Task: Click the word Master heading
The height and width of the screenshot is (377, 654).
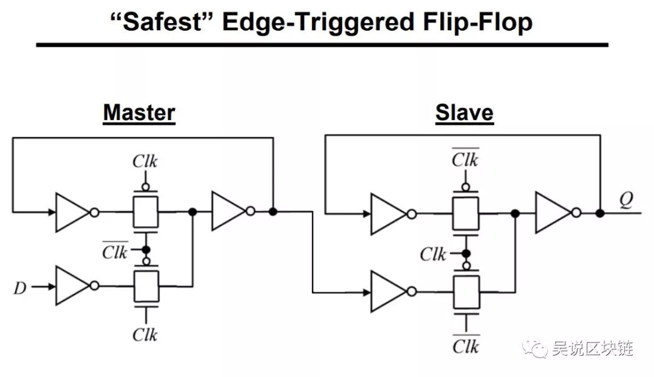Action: (139, 113)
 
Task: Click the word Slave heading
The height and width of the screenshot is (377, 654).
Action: (464, 113)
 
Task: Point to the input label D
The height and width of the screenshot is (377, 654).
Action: (20, 287)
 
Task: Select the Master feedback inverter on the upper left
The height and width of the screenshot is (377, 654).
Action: (72, 212)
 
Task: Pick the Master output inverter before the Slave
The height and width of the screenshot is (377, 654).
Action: (228, 212)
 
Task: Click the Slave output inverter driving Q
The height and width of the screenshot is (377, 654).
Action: (553, 213)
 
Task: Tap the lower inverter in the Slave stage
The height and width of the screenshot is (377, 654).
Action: (388, 292)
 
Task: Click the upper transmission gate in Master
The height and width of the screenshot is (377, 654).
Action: (146, 212)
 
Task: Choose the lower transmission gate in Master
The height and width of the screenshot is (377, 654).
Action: (146, 286)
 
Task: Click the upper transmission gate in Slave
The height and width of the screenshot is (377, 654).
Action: (465, 213)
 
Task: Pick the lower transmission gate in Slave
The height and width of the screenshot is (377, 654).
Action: (465, 292)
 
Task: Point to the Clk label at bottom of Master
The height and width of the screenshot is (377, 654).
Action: (145, 335)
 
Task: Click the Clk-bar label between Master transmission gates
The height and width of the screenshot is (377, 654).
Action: (115, 250)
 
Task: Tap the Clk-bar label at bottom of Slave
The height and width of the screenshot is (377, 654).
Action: (465, 345)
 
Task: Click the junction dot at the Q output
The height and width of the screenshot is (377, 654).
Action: (599, 213)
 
